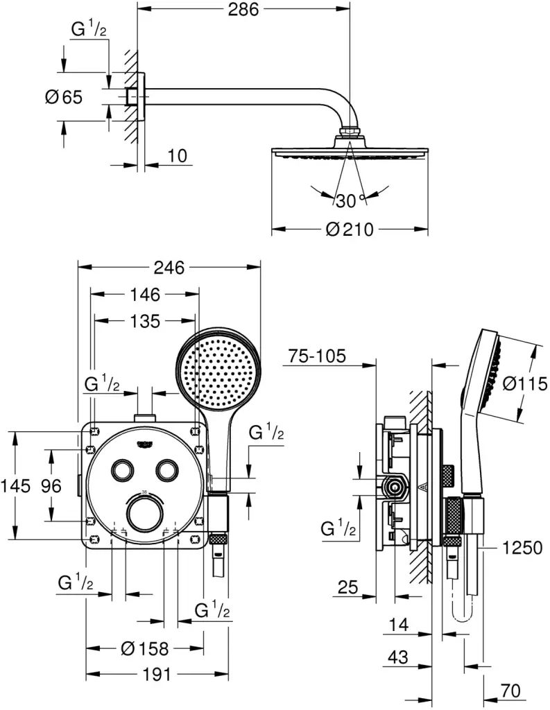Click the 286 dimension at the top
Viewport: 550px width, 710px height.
(245, 10)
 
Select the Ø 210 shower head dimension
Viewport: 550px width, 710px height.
(349, 229)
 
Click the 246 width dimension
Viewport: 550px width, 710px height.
(169, 268)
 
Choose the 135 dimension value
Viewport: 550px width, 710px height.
(144, 321)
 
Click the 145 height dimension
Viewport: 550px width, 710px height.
(16, 486)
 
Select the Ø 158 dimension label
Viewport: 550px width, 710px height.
(144, 648)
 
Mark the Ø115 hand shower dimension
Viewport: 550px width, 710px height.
(526, 383)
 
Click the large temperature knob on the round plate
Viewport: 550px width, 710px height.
(145, 514)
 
